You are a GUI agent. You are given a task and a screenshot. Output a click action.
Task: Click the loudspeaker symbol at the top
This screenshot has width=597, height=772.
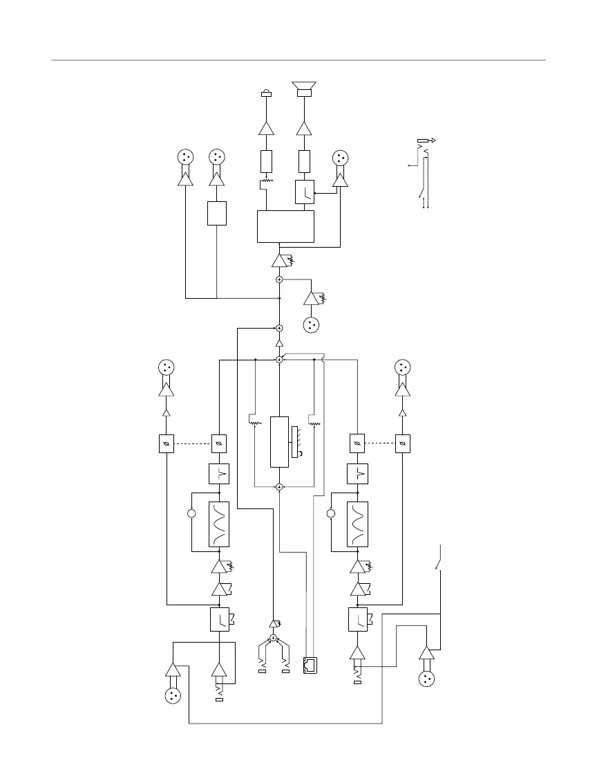pos(304,89)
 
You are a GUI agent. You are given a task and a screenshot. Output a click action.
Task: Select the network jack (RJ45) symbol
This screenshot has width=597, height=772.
pos(310,665)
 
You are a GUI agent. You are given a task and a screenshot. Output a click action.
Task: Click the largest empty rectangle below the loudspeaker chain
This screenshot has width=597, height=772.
pos(285,226)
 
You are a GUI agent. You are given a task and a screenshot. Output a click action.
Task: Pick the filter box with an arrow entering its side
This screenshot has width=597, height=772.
pos(305,192)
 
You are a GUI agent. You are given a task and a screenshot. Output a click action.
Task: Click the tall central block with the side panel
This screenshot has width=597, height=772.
pos(279,441)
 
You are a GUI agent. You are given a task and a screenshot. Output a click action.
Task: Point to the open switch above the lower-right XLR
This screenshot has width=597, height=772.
pos(438,559)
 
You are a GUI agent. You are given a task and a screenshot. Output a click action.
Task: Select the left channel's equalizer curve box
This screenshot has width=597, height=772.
pos(219,524)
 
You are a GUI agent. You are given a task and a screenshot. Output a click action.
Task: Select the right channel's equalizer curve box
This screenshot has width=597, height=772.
pos(357,524)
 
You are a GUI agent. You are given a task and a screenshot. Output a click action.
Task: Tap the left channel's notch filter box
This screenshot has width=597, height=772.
pos(219,474)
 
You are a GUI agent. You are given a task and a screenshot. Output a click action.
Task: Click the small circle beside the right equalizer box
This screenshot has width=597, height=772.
pos(330,513)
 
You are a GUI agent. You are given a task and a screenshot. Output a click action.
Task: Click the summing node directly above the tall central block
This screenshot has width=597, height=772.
pos(279,360)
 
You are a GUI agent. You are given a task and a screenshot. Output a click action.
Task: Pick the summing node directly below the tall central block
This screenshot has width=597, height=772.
pos(279,487)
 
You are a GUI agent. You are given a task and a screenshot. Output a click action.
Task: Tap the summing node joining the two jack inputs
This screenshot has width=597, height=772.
pos(274,638)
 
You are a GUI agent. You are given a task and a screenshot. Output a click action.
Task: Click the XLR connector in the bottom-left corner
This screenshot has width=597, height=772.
pos(171,696)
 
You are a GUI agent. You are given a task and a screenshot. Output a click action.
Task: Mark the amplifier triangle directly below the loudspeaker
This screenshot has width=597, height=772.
pos(304,128)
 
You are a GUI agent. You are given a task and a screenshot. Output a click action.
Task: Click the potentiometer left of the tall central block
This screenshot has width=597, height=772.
pos(254,422)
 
